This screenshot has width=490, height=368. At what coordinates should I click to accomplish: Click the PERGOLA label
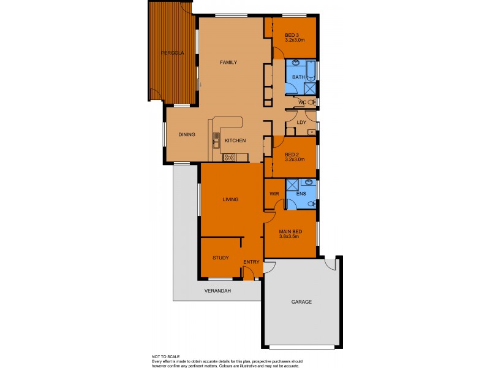172,53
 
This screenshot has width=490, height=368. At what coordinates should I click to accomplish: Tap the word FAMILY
228,63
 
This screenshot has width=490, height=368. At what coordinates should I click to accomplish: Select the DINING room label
187,135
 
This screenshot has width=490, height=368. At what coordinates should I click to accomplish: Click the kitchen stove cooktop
230,158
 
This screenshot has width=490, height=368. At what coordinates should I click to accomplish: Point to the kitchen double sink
216,140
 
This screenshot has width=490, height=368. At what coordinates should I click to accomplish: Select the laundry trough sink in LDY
312,132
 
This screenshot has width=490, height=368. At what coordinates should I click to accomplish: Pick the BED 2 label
292,154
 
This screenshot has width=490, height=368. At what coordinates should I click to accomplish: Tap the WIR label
274,194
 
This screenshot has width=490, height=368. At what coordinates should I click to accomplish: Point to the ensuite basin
309,183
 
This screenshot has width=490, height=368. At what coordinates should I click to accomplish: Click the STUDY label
221,258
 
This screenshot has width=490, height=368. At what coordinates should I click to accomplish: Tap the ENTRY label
251,263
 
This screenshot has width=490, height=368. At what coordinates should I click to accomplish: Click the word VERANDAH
218,291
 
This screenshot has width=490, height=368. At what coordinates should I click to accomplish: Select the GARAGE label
301,302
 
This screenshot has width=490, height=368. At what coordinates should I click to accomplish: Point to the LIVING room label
230,199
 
